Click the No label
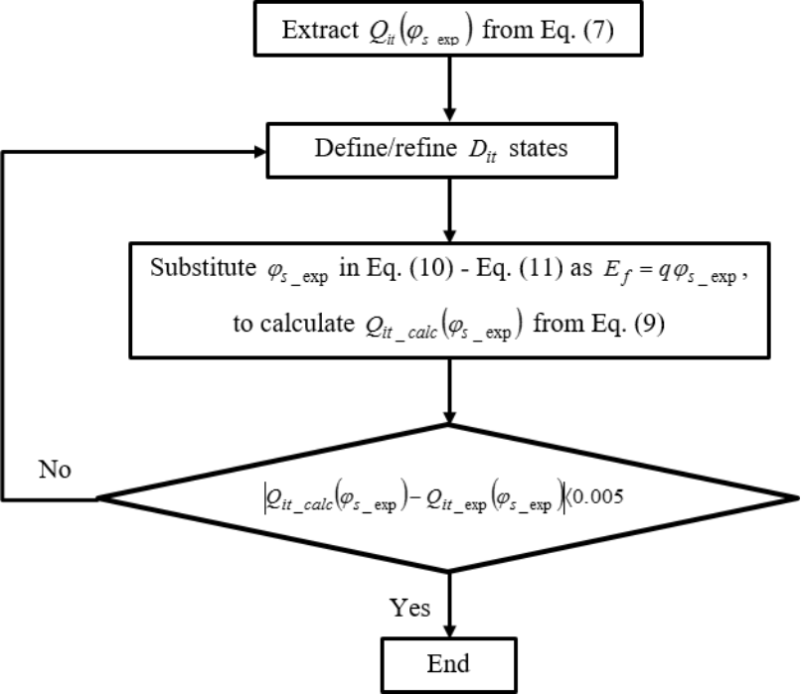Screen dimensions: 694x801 click(x=55, y=469)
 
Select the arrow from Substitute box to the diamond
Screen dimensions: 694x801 click(x=451, y=387)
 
